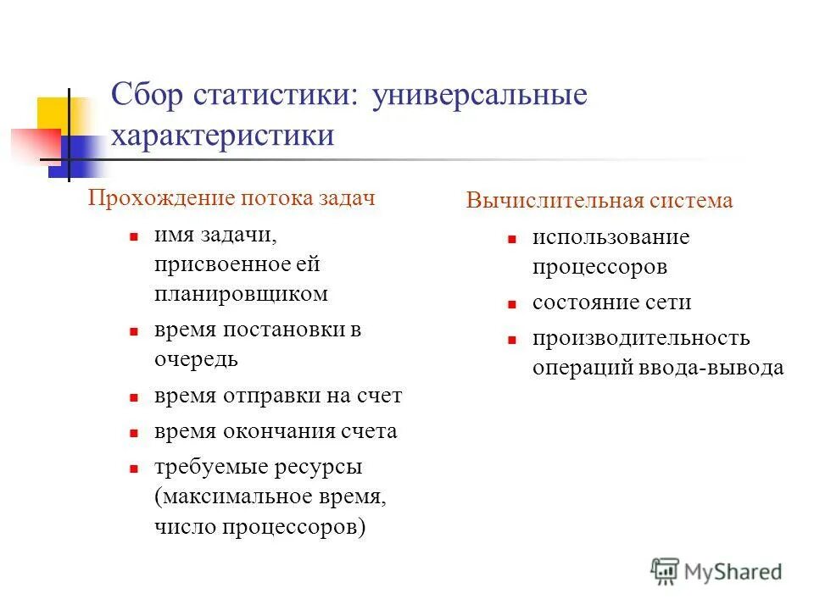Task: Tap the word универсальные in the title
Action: click(x=478, y=95)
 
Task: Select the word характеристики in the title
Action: click(x=222, y=136)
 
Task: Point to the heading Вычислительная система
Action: click(x=599, y=201)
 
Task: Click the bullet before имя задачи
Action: click(x=134, y=239)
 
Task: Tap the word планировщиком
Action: click(x=241, y=294)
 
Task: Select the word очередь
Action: click(x=196, y=358)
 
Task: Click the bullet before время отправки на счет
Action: click(x=134, y=396)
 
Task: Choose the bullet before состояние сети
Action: click(x=511, y=303)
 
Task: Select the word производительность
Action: click(x=641, y=338)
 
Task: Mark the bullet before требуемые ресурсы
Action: click(x=134, y=468)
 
